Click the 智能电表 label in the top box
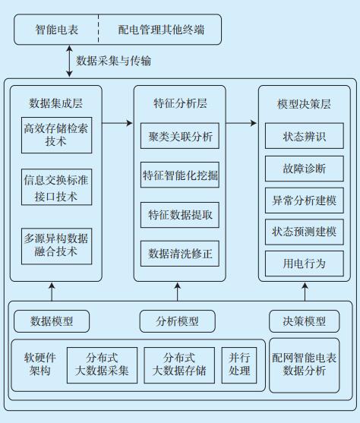click(57, 30)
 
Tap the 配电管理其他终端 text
click(161, 30)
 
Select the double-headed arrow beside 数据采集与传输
click(69, 61)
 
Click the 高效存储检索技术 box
click(57, 135)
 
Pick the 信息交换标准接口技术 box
click(57, 187)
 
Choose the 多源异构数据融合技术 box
click(57, 246)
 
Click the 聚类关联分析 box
click(180, 136)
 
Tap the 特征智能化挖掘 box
click(180, 175)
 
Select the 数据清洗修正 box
click(180, 254)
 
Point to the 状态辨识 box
click(305, 136)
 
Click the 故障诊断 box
click(305, 169)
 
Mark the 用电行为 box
click(305, 264)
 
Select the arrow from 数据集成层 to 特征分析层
click(118, 123)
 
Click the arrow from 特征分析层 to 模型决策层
click(242, 123)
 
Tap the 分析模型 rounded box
click(177, 321)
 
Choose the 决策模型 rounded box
click(304, 321)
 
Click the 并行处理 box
click(239, 365)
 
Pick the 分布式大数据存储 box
click(179, 365)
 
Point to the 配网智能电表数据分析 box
click(304, 365)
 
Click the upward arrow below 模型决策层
click(305, 292)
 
